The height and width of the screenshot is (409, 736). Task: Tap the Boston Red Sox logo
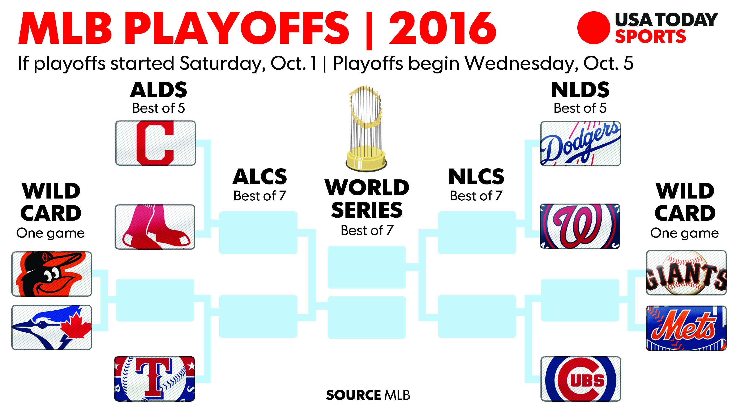click(155, 227)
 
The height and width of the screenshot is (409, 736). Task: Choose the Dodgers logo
click(581, 144)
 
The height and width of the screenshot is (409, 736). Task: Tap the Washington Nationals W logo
click(580, 226)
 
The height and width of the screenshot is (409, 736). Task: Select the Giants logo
click(686, 273)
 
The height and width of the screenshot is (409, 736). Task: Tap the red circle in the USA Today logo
click(593, 28)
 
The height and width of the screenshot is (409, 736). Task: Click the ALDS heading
click(159, 90)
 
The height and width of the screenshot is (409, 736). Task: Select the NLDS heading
click(580, 90)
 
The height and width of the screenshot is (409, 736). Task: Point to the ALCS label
click(260, 177)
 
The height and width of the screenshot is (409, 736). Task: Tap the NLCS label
click(476, 177)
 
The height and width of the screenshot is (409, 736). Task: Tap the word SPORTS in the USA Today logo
click(650, 37)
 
